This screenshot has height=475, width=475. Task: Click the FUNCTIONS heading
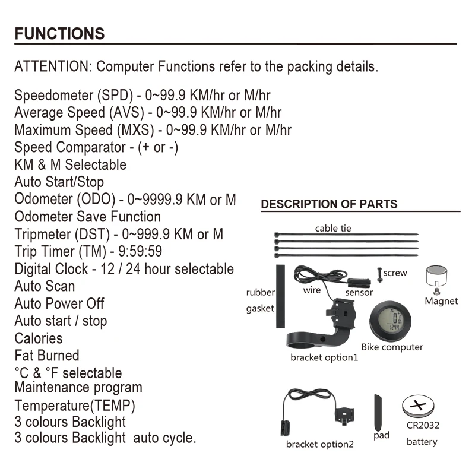tap(59, 33)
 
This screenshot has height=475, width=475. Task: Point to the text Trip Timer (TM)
tap(53, 251)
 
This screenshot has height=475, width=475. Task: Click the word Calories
tap(38, 338)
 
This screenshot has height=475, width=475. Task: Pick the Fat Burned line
tap(46, 355)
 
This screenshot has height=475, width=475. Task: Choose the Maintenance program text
tap(78, 388)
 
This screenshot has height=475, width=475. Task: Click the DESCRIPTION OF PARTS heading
tap(329, 204)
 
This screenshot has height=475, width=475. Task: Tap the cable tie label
tap(332, 228)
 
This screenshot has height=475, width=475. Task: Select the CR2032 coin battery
tap(421, 408)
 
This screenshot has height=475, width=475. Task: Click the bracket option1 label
tap(324, 357)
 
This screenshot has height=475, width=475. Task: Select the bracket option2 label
tap(319, 444)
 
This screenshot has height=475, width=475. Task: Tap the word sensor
tap(359, 292)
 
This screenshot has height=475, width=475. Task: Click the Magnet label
tap(441, 301)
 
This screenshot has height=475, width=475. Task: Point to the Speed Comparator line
tap(96, 147)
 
